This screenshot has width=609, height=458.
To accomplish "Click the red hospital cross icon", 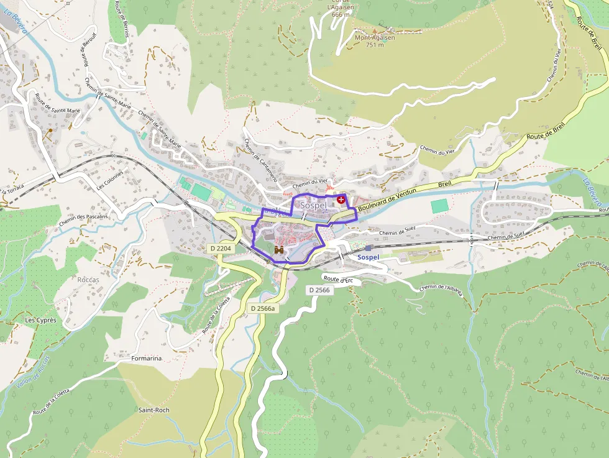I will click(x=341, y=199).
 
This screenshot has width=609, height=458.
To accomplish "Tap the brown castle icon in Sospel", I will click(x=279, y=249).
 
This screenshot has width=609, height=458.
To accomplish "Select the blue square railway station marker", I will click(x=368, y=248).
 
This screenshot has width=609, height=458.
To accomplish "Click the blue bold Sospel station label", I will click(x=369, y=257).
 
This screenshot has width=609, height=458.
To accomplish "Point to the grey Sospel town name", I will click(x=313, y=205).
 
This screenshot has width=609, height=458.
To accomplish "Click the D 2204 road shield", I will click(x=221, y=248).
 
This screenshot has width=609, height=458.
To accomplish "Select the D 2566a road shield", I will click(x=263, y=308).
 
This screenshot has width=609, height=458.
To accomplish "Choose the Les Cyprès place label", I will click(x=40, y=320).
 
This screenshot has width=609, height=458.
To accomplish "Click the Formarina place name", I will click(x=147, y=359).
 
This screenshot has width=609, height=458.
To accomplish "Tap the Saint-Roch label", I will click(x=153, y=410).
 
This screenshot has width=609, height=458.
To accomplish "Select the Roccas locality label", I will click(x=88, y=280).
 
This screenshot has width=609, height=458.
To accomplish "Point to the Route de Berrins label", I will click(x=120, y=19).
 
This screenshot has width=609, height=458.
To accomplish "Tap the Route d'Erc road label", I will click(x=338, y=280).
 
